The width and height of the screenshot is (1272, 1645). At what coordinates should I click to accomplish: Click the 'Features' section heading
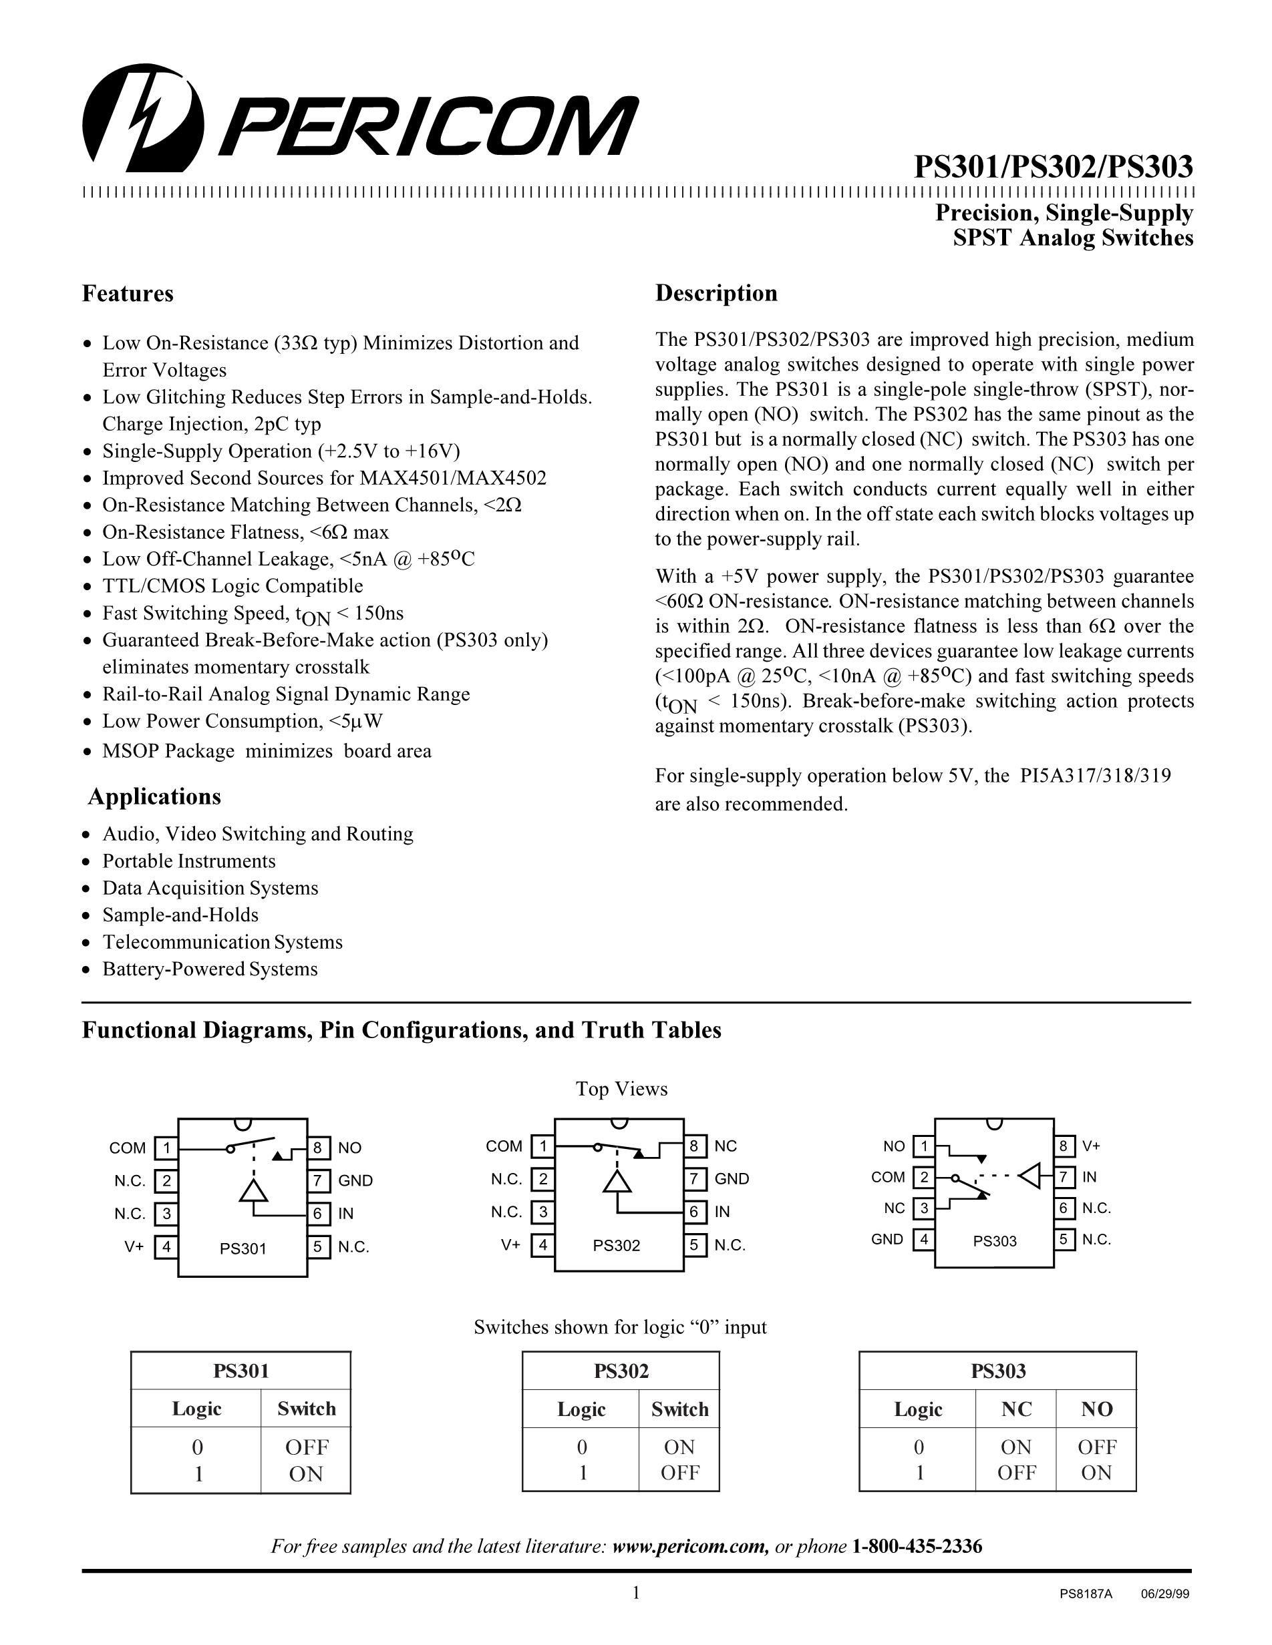tap(128, 294)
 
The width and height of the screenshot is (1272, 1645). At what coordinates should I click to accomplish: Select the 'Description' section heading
tap(716, 293)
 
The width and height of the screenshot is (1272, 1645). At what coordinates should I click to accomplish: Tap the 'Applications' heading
tap(154, 797)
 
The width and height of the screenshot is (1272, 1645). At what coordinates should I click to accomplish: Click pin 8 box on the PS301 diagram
tap(318, 1148)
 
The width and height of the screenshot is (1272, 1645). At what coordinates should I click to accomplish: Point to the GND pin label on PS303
tap(887, 1239)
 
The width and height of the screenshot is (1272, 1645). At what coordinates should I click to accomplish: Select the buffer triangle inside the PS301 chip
tap(254, 1191)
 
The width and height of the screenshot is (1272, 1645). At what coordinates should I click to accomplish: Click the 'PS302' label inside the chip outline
tap(617, 1246)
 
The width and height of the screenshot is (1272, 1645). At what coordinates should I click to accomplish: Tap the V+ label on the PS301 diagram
tap(134, 1246)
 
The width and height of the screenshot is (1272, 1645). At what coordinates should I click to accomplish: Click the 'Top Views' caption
tap(622, 1089)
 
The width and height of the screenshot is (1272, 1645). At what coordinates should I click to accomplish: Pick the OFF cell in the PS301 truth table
tap(307, 1447)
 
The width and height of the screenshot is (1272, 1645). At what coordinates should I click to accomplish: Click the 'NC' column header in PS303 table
tap(1015, 1409)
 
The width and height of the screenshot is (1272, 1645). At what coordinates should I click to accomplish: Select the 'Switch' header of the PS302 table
tap(679, 1409)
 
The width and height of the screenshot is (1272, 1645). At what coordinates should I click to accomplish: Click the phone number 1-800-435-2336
tap(917, 1547)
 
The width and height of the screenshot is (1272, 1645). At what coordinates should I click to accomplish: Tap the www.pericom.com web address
tap(690, 1547)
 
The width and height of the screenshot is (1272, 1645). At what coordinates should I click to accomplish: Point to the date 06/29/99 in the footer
tap(1165, 1594)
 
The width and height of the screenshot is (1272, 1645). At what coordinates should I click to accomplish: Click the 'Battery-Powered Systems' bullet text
tap(210, 969)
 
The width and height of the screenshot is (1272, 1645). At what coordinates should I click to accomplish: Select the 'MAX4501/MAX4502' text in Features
tap(453, 478)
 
